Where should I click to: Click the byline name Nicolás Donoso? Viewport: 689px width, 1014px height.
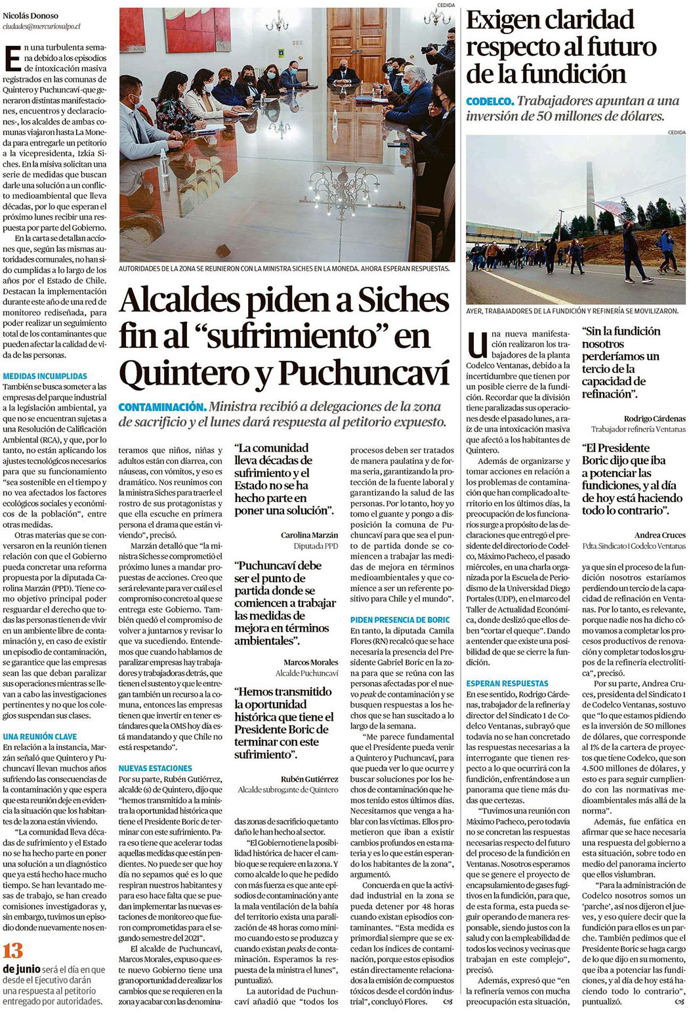pyautogui.click(x=30, y=16)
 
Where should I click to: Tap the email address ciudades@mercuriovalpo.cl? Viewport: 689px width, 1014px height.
pyautogui.click(x=41, y=26)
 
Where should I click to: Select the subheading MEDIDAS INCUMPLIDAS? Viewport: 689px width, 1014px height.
pyautogui.click(x=45, y=376)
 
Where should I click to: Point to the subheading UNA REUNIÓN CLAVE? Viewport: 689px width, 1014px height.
pyautogui.click(x=40, y=736)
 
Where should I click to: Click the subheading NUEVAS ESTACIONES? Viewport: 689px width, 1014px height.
pyautogui.click(x=156, y=768)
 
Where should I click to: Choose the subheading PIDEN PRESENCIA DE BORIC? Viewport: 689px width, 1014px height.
pyautogui.click(x=400, y=620)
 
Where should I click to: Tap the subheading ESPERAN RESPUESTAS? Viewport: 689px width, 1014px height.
pyautogui.click(x=507, y=683)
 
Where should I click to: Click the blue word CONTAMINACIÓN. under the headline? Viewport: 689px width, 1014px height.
pyautogui.click(x=162, y=408)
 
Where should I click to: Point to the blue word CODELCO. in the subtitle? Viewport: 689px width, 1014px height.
pyautogui.click(x=490, y=102)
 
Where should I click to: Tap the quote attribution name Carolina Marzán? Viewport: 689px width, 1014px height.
pyautogui.click(x=309, y=535)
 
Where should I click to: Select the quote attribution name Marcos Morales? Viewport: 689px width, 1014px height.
pyautogui.click(x=310, y=662)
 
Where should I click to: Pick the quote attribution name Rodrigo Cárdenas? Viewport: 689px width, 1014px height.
pyautogui.click(x=654, y=418)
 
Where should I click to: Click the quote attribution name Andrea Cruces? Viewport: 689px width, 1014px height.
pyautogui.click(x=659, y=535)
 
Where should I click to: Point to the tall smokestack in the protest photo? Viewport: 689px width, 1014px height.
pyautogui.click(x=590, y=190)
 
